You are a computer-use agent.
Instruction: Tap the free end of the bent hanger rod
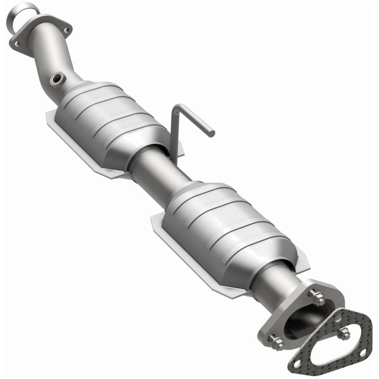211,134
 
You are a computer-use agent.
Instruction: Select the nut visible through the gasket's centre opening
343,333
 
